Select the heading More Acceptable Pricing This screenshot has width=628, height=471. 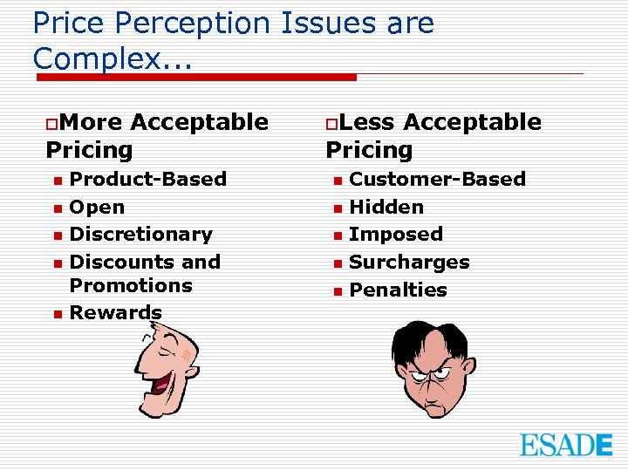157,135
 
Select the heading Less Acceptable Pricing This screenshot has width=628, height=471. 433,135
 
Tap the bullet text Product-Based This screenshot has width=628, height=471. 147,179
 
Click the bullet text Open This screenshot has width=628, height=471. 97,207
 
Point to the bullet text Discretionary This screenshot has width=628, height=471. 140,234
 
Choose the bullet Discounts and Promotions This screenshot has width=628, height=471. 144,273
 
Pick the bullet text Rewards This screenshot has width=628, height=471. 115,312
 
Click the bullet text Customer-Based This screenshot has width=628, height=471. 437,179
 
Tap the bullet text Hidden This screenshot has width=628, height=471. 386,207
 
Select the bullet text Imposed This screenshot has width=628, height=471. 396,234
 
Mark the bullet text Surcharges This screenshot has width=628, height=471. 409,262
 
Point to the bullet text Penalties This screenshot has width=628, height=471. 398,290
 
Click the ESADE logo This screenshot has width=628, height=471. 566,444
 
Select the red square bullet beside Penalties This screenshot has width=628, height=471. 337,291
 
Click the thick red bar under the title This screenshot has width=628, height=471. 196,77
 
